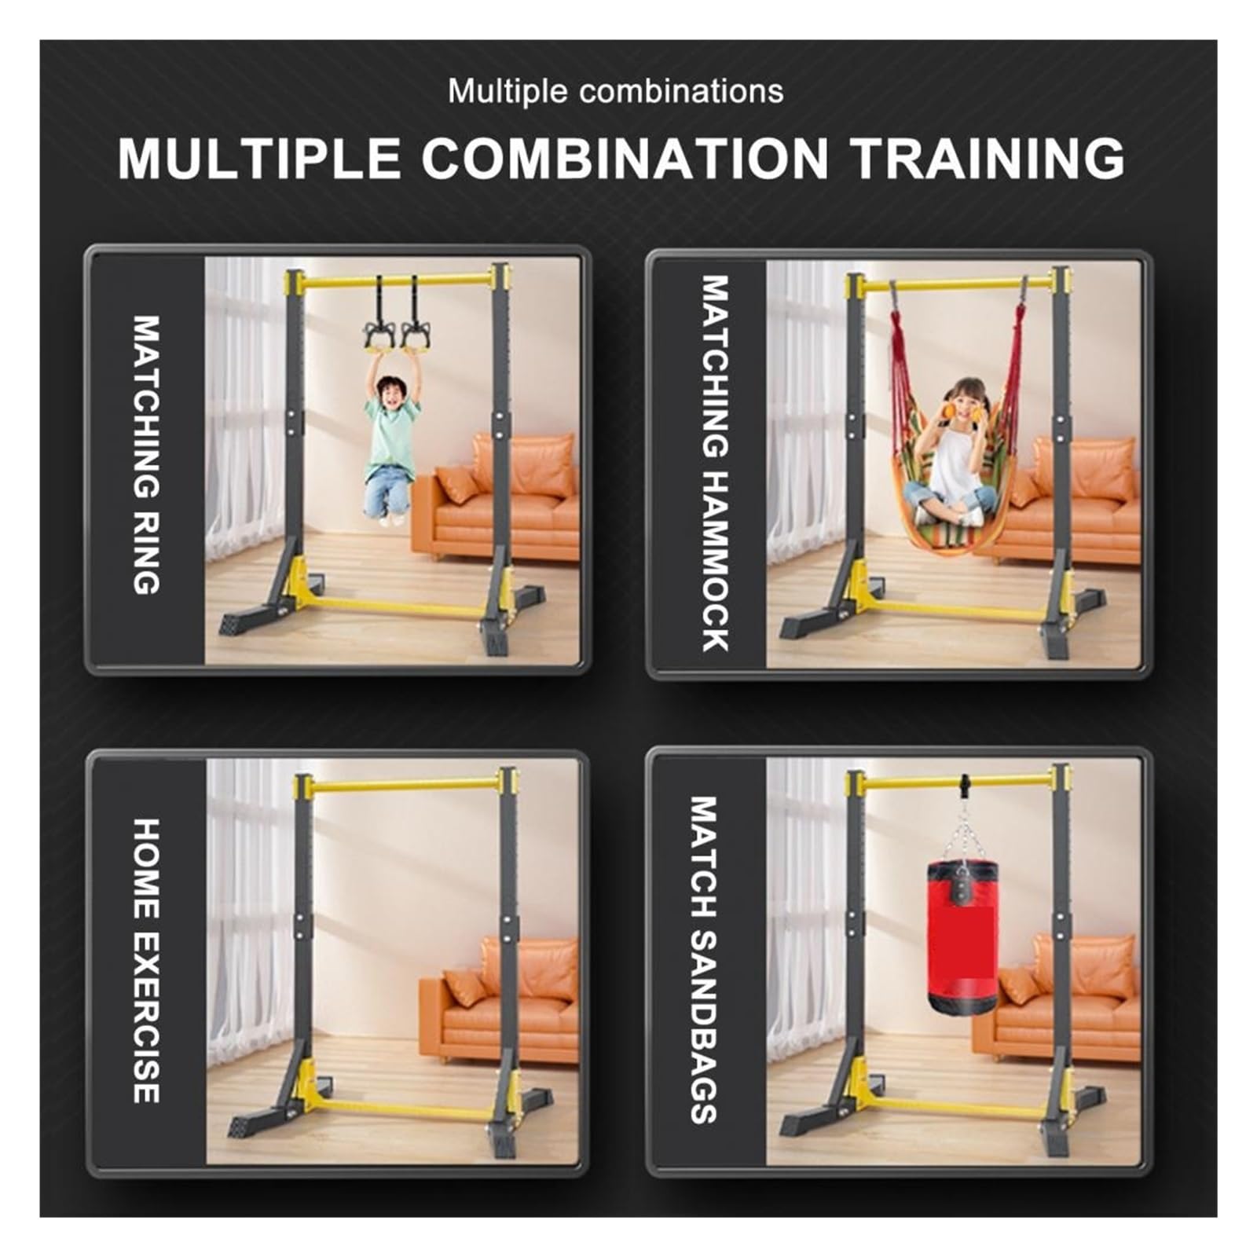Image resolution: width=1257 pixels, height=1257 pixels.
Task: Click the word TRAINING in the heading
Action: click(x=988, y=158)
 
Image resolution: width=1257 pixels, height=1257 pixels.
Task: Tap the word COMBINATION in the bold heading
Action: click(x=625, y=158)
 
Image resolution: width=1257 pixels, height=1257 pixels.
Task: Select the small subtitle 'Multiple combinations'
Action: click(x=615, y=91)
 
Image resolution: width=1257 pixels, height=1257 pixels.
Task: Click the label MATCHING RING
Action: click(x=147, y=455)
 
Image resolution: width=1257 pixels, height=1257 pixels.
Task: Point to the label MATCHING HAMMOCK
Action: click(x=715, y=464)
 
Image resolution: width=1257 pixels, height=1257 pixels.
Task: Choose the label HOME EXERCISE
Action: click(x=147, y=960)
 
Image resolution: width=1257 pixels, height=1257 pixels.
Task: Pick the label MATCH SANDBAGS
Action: click(x=704, y=959)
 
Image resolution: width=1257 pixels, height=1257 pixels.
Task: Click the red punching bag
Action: click(x=962, y=936)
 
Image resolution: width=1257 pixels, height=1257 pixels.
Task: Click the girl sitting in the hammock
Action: click(x=951, y=453)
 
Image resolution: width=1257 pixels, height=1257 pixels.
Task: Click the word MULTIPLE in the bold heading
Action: click(x=259, y=158)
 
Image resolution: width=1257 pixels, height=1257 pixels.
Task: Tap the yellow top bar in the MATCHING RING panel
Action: click(x=398, y=280)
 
